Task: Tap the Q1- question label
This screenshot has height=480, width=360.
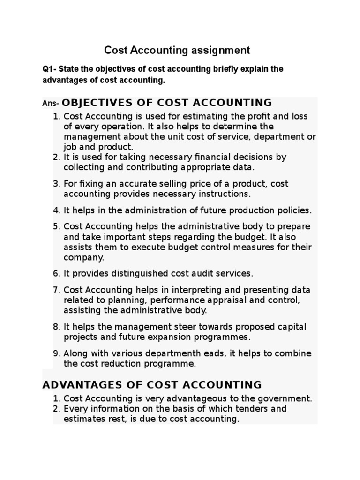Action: click(50, 69)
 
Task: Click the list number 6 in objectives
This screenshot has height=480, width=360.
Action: click(56, 273)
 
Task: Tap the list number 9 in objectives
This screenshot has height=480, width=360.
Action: click(56, 353)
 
